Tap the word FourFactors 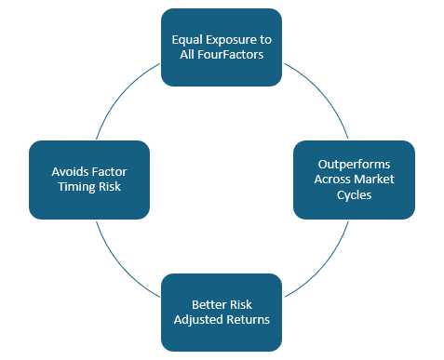(233, 54)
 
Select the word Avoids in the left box (70, 172)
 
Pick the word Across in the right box (333, 180)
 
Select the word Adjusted (198, 320)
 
